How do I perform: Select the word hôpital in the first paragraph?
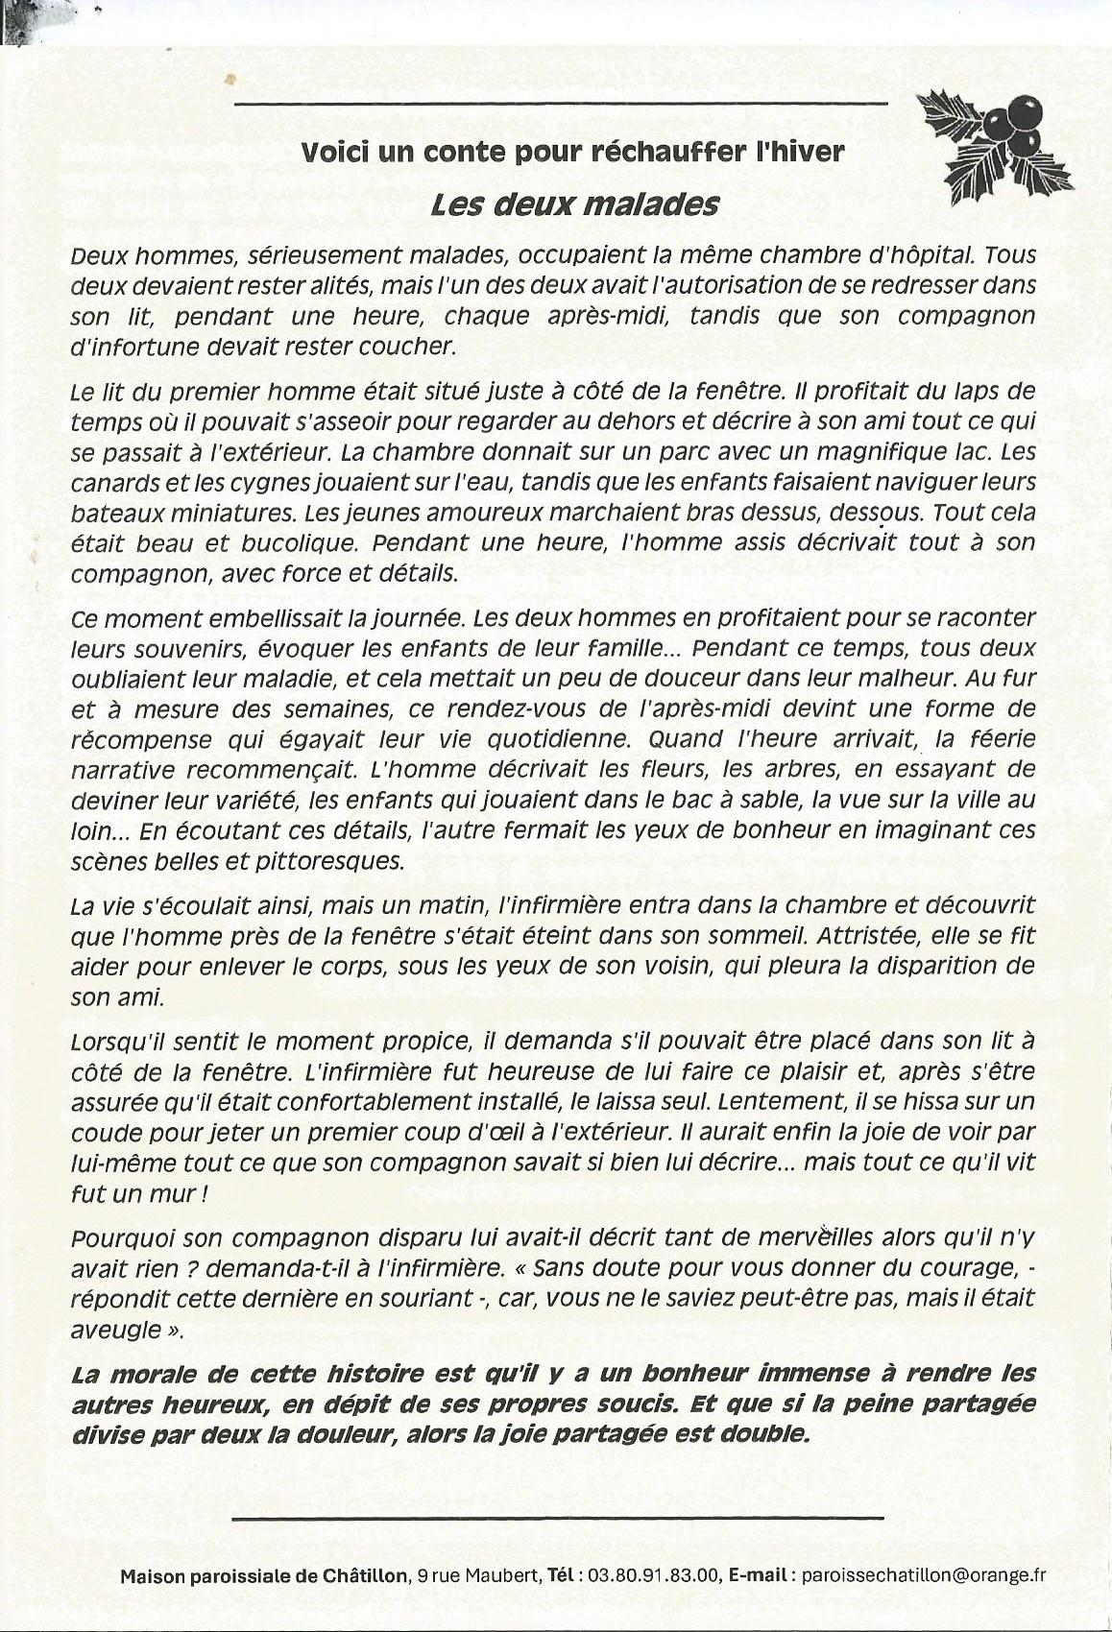tap(927, 256)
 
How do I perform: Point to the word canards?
tap(109, 481)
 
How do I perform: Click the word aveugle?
tap(114, 1331)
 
